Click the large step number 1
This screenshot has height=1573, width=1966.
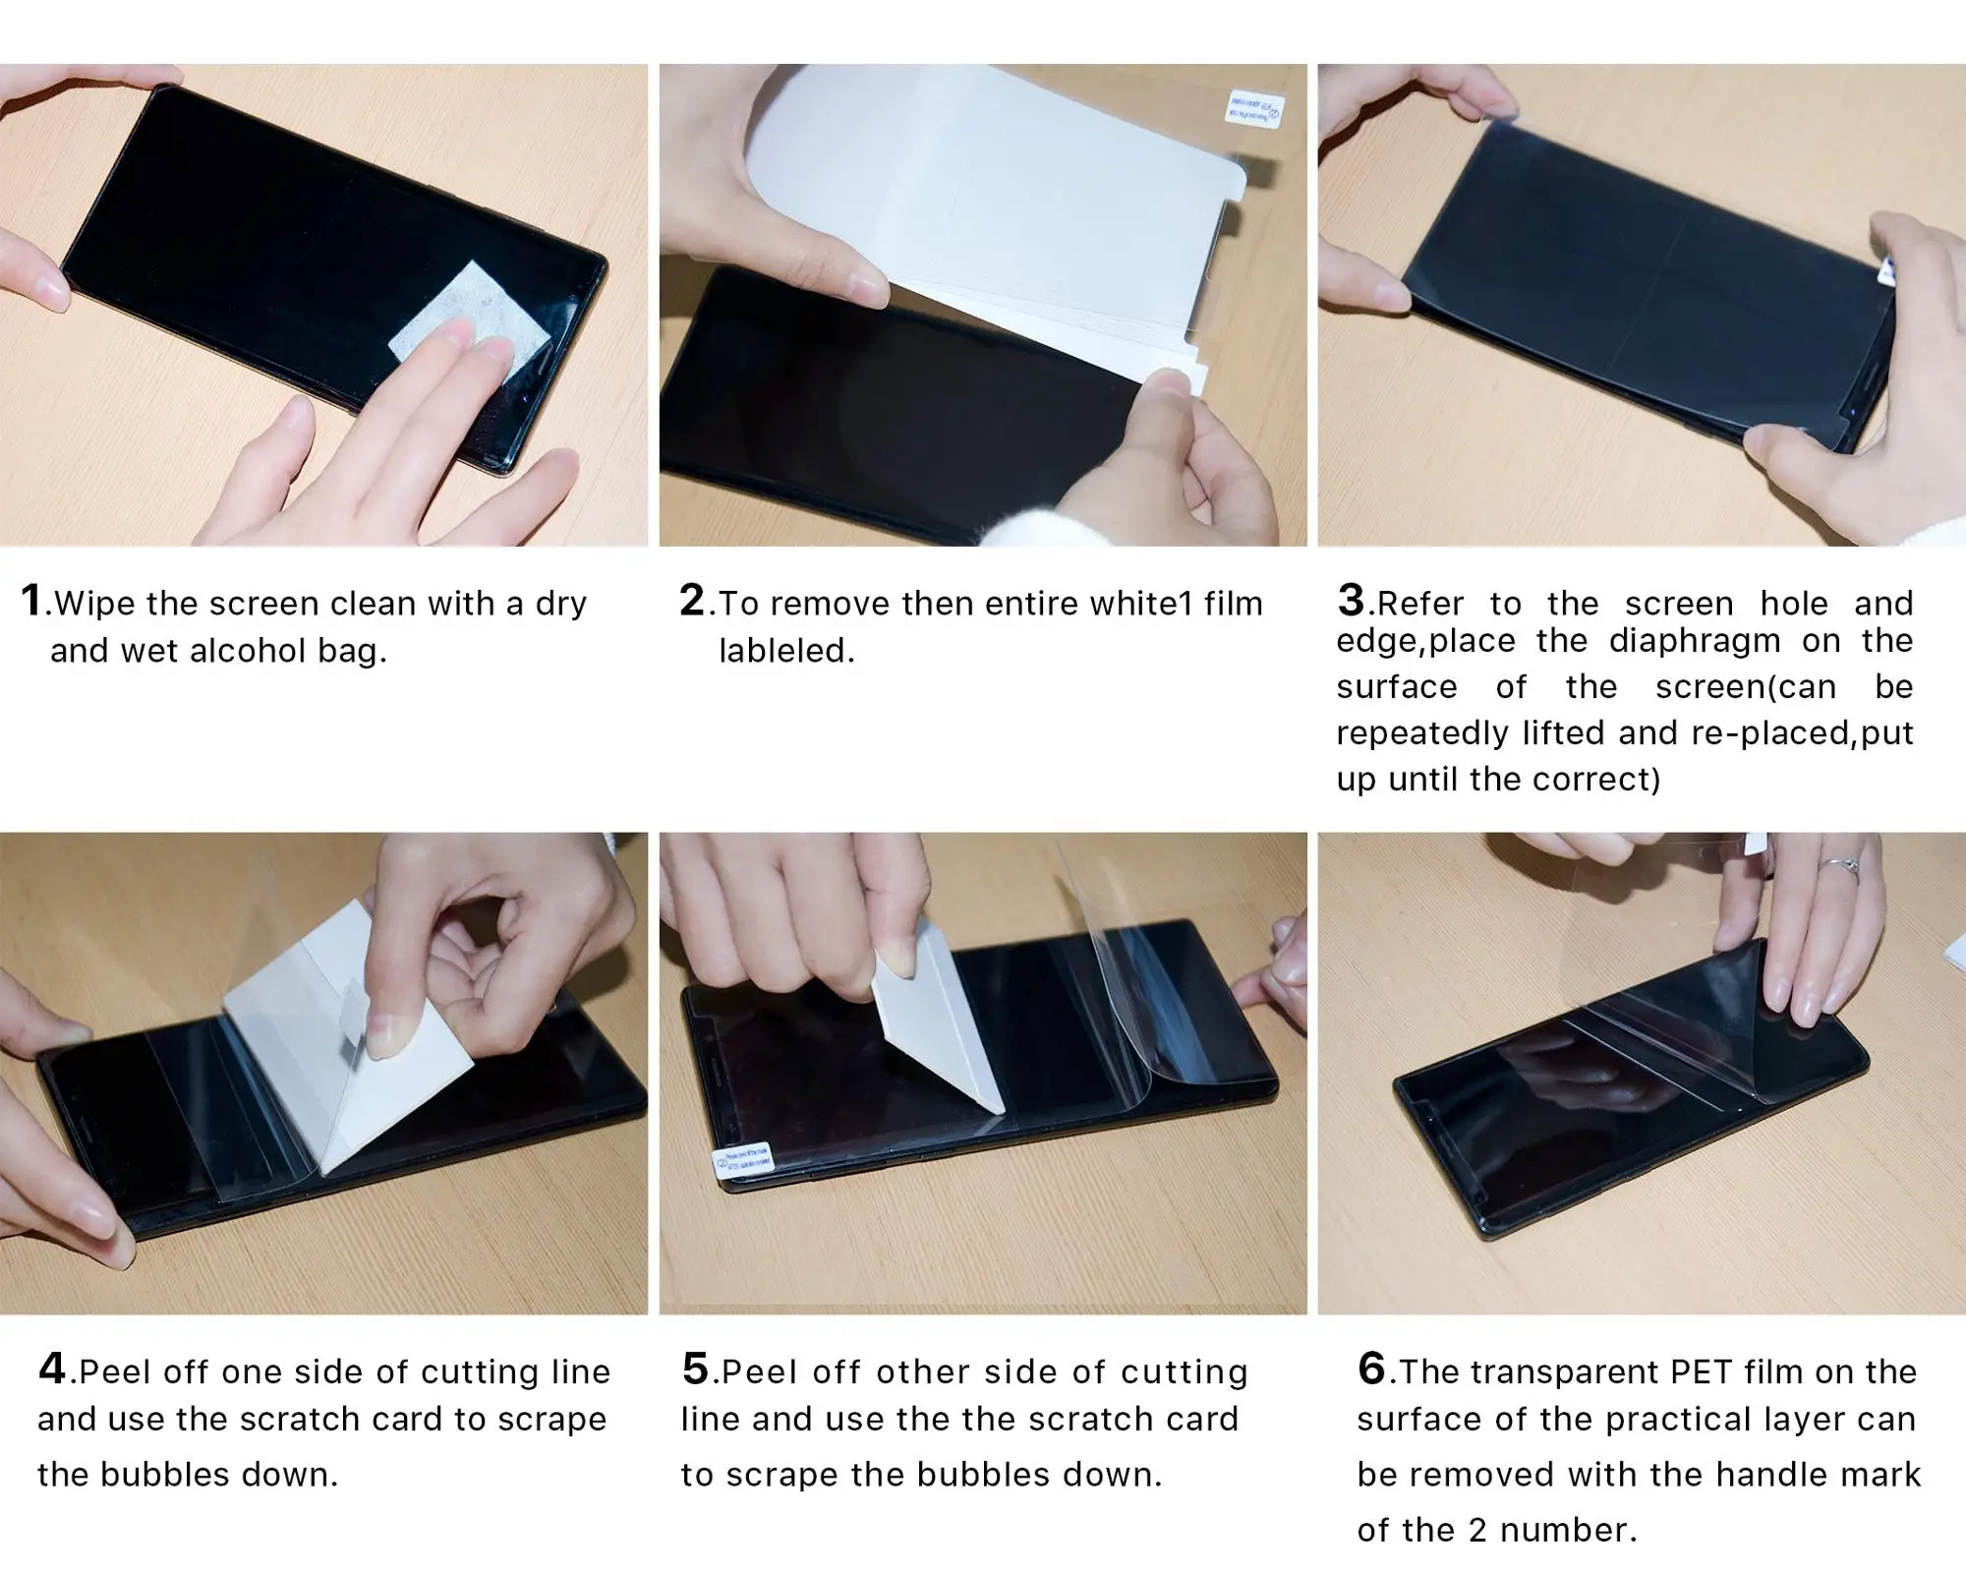[31, 600]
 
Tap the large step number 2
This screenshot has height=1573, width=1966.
[692, 600]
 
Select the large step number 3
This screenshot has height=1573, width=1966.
[1352, 600]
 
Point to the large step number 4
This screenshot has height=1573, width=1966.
[52, 1368]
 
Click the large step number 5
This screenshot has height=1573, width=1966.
[695, 1368]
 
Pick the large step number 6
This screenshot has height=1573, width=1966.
[1371, 1368]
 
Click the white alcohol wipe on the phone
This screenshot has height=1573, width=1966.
[471, 325]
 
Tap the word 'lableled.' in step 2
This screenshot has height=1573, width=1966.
[786, 651]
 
